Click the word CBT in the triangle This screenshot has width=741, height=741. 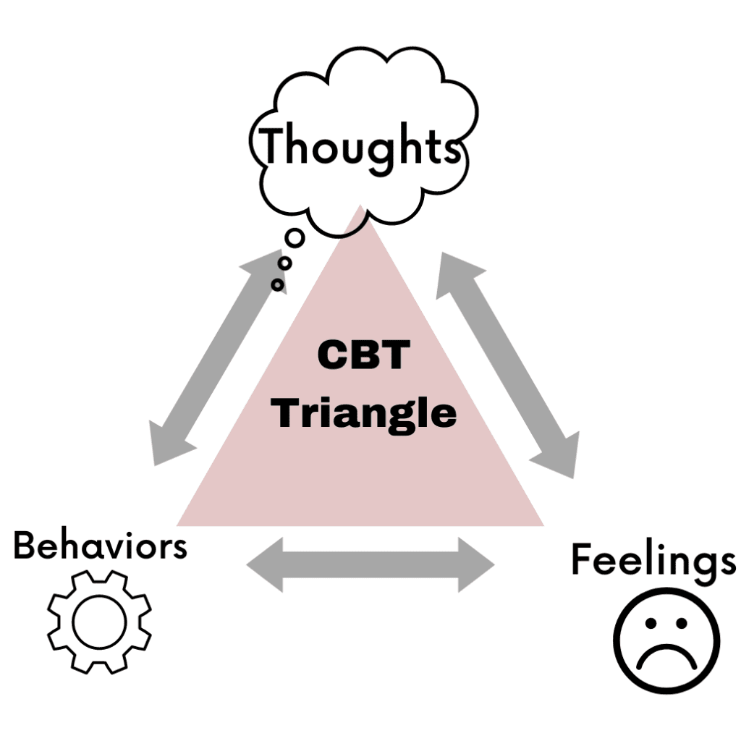(364, 356)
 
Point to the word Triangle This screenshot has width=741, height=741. (366, 413)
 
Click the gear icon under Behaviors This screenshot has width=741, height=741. (99, 623)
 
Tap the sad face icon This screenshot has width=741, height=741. (666, 641)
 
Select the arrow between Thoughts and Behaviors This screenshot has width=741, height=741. (217, 357)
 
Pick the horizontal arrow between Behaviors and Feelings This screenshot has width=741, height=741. (370, 564)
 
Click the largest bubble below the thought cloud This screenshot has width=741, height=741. (294, 237)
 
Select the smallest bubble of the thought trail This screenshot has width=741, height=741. (277, 284)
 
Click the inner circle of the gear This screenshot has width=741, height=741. (99, 623)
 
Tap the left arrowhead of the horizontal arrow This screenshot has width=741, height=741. (265, 564)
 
